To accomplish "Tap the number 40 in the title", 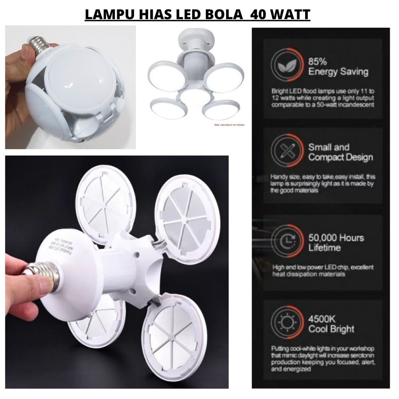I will (x=262, y=14).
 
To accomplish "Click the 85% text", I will (x=318, y=62).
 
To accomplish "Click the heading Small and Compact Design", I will (x=340, y=152).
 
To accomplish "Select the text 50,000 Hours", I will (x=336, y=238).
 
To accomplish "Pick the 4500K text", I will (x=322, y=319).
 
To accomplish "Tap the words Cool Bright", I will (x=331, y=329).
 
